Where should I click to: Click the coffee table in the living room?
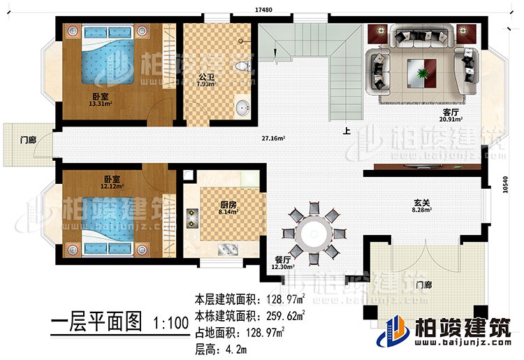[422, 70]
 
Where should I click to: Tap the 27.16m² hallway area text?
[273, 138]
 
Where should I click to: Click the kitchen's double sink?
[228, 250]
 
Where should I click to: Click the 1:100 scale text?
[169, 324]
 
